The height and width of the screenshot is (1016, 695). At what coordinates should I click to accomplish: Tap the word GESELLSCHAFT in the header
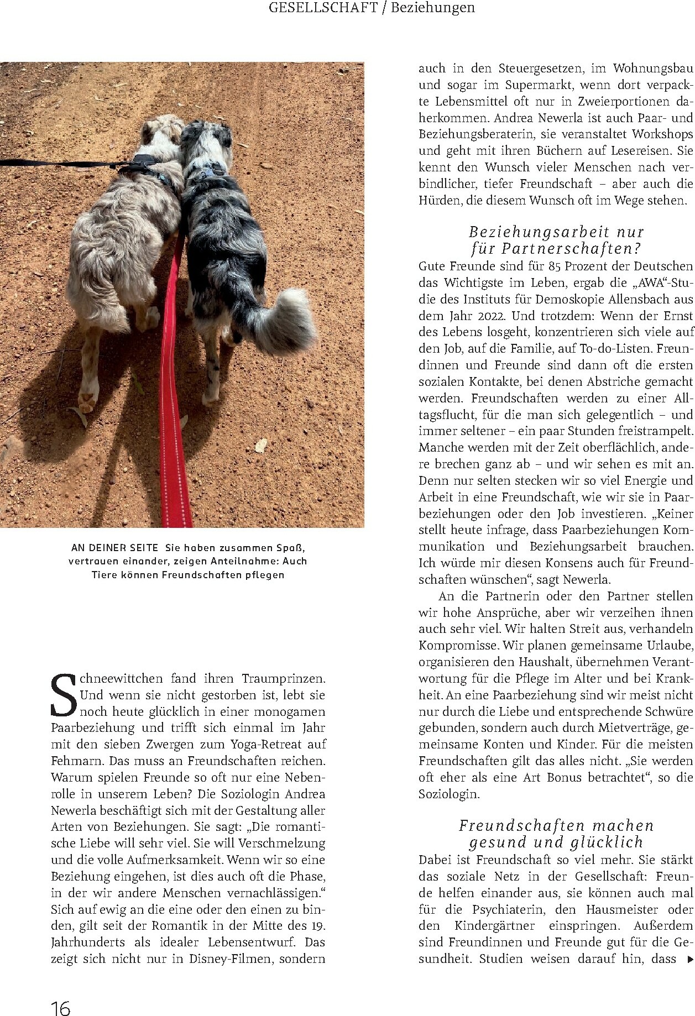pos(323,8)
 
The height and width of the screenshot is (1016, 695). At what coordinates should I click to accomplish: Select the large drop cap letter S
pos(64,695)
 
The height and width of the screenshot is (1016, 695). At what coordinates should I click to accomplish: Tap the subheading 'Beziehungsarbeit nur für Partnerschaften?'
pos(556,240)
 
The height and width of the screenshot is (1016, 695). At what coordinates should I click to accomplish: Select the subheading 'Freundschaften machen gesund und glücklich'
pos(556,834)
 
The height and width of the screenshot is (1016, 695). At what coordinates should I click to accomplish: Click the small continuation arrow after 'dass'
pos(689,959)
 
